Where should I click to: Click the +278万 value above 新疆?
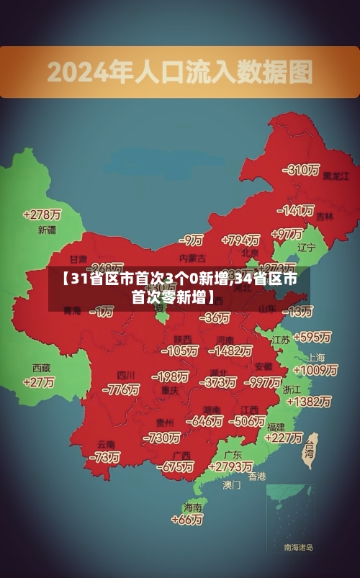[x=42, y=215]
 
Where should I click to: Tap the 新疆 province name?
[x=47, y=230]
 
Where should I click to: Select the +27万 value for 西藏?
[x=39, y=382]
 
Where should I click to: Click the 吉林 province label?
[x=325, y=216]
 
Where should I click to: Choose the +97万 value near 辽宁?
[x=287, y=234]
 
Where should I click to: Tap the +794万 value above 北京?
[x=240, y=240]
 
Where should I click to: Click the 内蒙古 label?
[x=192, y=258]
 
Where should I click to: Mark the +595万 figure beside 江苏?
[x=312, y=337]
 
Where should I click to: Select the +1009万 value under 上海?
[x=315, y=370]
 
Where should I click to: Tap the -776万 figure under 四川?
[x=121, y=389]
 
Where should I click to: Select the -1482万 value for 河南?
[x=230, y=351]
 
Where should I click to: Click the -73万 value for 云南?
[x=104, y=457]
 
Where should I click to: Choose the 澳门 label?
[x=231, y=485]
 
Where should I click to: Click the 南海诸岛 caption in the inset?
[x=298, y=548]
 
